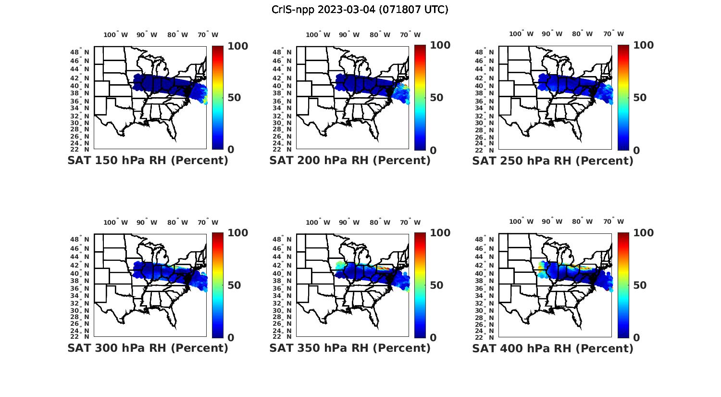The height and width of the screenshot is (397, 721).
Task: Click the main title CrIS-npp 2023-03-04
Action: pos(360,10)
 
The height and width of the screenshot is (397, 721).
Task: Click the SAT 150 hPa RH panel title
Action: pos(148,160)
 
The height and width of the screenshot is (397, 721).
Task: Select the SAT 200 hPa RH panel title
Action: pos(350,160)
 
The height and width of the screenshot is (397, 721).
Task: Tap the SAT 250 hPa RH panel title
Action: pos(553,161)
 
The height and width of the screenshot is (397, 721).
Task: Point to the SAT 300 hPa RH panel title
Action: pos(148,348)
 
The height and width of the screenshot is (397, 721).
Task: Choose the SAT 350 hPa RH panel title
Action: pos(350,348)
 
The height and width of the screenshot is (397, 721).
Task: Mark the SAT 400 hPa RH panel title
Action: pos(553,348)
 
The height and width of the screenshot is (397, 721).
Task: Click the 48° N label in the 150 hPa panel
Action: pos(80,52)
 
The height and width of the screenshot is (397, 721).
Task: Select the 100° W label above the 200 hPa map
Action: pos(318,35)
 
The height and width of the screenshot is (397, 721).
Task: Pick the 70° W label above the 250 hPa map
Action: pos(613,34)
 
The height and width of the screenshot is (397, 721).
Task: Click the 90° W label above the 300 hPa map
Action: pos(147,222)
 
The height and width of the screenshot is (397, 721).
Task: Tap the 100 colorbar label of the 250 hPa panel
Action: pos(644,45)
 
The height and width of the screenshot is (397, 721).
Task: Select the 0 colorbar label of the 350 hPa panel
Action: pos(433,338)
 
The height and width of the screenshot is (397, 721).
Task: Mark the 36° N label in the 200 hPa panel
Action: pos(282,101)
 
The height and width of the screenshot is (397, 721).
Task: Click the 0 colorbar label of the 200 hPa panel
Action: pos(433,151)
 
